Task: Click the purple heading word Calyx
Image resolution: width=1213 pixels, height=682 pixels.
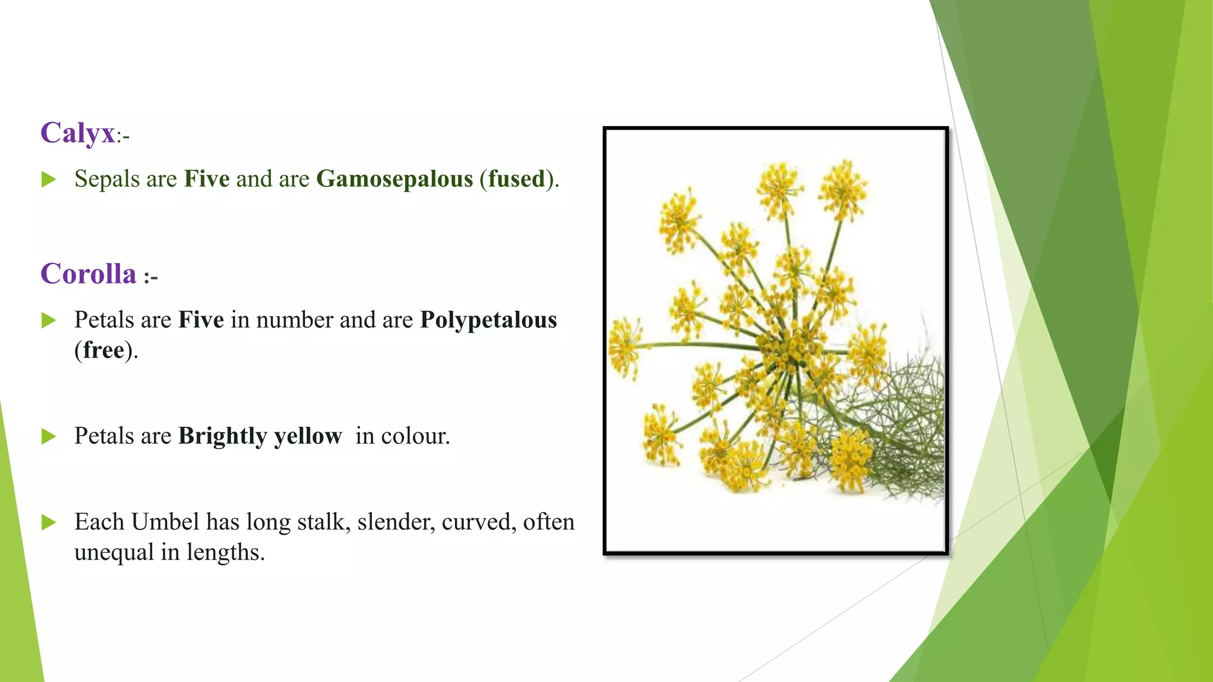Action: point(78,133)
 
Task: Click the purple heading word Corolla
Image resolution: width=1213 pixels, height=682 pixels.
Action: point(88,274)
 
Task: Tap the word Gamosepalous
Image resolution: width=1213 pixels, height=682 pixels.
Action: point(394,179)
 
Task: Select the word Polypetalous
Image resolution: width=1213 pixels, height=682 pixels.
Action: point(489,320)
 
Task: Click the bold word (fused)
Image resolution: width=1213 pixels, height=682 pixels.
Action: point(518,179)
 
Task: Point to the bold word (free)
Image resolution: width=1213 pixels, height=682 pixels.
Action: point(104,350)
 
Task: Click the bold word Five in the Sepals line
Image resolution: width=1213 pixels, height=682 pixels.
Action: point(207,179)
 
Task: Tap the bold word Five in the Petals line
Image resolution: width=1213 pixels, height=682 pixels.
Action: point(201,320)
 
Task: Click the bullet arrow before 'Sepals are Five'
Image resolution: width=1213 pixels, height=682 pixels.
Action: point(49,179)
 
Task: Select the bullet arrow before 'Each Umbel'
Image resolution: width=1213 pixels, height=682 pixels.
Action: point(49,523)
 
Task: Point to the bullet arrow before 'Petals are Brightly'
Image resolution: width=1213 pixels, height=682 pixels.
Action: point(49,437)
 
